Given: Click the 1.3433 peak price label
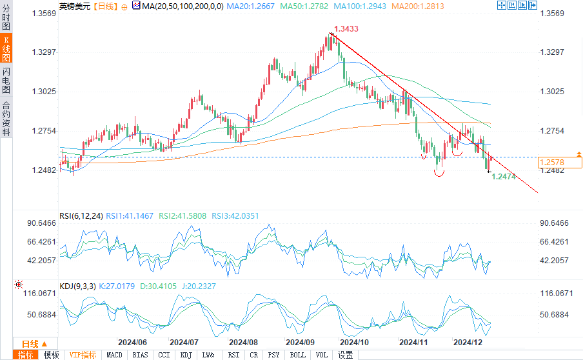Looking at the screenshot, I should click(346, 29).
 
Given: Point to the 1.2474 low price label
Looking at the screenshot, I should click(504, 176).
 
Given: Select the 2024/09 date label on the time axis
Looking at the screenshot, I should click(300, 342).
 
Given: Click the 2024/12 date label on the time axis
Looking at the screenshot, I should click(468, 342).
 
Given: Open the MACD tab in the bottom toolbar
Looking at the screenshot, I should click(114, 355).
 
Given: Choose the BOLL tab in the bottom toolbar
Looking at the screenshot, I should click(297, 355).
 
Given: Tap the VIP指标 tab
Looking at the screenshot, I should click(83, 355).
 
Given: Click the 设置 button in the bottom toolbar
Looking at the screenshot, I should click(346, 355).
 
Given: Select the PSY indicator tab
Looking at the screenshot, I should click(274, 355).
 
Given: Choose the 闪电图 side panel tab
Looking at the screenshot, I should click(6, 79).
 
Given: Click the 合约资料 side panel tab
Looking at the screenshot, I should click(6, 118).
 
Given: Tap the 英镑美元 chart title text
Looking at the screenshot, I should click(74, 6).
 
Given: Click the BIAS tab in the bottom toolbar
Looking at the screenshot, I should click(140, 355).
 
